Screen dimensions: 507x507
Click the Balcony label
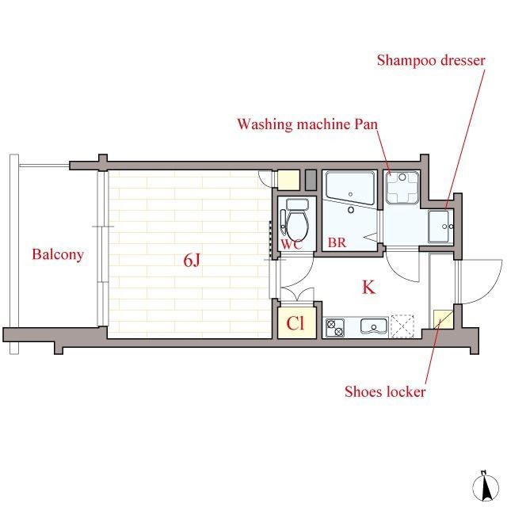coord(58,254)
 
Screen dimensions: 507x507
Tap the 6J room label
coord(192,260)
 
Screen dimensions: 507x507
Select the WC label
coord(292,244)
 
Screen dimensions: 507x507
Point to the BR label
coord(337,242)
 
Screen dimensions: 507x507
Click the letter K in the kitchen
coord(368,287)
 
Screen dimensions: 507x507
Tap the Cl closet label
coord(295,322)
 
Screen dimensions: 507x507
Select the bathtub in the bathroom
coord(350,188)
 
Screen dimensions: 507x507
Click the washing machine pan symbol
coord(402,188)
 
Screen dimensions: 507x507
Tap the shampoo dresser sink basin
coord(438,226)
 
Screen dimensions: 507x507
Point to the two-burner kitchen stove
coord(334,327)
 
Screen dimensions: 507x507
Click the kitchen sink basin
coord(374,326)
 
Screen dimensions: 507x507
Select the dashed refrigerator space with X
coord(402,326)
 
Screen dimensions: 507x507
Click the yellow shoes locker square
coord(443,319)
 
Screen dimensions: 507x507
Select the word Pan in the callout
coord(366,124)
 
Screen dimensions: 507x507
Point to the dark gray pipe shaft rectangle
coord(311,180)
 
